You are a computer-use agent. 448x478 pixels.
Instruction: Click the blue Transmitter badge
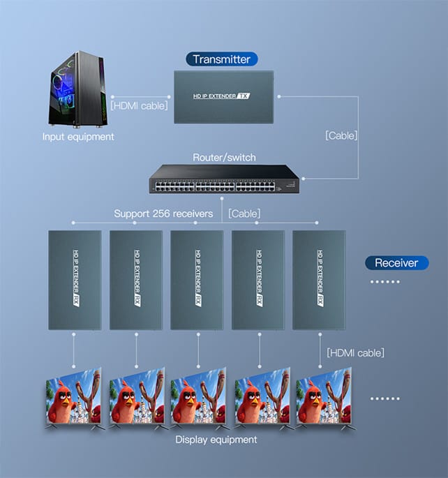(222, 59)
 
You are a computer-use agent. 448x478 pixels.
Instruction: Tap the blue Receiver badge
(396, 263)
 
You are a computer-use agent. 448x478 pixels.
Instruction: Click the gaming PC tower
(77, 89)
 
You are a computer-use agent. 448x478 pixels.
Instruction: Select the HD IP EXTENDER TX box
(224, 97)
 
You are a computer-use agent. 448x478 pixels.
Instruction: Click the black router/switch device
(224, 179)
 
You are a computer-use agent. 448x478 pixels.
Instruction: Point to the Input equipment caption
(78, 137)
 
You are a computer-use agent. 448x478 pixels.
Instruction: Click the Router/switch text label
(224, 157)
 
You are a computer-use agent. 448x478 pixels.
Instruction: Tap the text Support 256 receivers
(163, 214)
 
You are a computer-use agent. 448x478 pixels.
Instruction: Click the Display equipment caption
(216, 440)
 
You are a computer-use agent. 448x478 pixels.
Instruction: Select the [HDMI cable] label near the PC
(139, 106)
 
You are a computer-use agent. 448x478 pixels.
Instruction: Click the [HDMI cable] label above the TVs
(355, 352)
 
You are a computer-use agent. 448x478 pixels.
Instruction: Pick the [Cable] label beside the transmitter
(341, 135)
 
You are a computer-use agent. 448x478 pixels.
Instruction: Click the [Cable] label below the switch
(244, 214)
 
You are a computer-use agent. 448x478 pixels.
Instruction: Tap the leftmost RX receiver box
(75, 280)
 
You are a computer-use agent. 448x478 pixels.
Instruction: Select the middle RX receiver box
(197, 280)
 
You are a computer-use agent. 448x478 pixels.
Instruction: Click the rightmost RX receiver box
(319, 280)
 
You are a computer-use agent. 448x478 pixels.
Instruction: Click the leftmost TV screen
(73, 397)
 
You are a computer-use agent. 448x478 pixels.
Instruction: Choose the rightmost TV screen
(324, 397)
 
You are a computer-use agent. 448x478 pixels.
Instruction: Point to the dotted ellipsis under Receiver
(385, 282)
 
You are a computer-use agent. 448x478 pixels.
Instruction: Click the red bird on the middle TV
(186, 400)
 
